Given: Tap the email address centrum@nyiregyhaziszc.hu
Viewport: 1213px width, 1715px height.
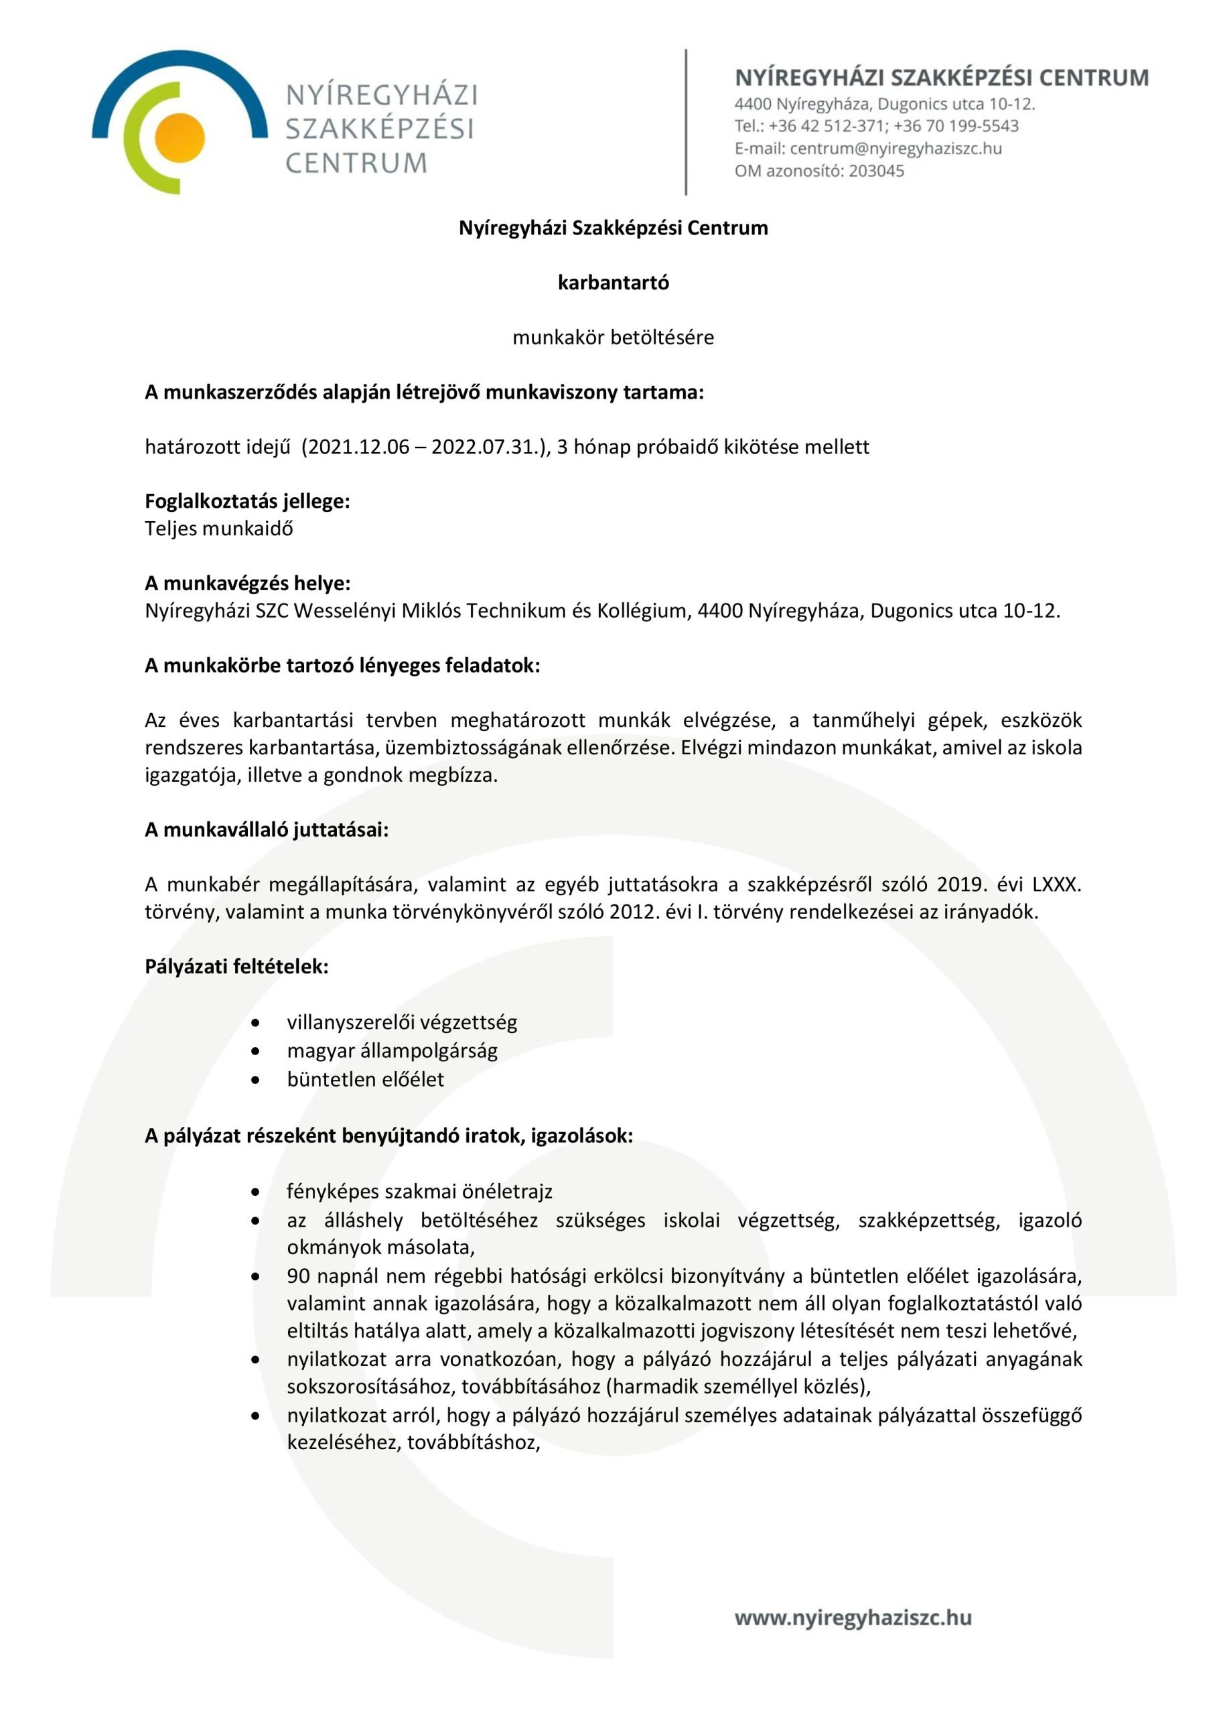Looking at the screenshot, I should click(x=896, y=148).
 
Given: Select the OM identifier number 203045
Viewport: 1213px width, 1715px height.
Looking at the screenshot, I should click(x=876, y=171).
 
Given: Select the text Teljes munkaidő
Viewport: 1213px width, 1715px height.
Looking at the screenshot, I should click(x=219, y=529).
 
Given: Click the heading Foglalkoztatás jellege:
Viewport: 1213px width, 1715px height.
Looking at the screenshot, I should click(x=247, y=501).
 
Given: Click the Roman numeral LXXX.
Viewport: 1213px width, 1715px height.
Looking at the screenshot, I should click(x=1056, y=885).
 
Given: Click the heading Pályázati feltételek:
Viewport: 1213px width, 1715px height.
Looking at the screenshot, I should click(x=237, y=967).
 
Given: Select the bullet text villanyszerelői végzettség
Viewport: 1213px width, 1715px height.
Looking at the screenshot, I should click(x=402, y=1022).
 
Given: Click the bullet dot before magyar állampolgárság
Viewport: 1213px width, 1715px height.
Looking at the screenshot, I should click(x=256, y=1051).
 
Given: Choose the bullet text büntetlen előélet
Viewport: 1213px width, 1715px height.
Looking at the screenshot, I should click(x=365, y=1079).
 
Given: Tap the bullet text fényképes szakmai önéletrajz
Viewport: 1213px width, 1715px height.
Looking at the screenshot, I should click(x=419, y=1191).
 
